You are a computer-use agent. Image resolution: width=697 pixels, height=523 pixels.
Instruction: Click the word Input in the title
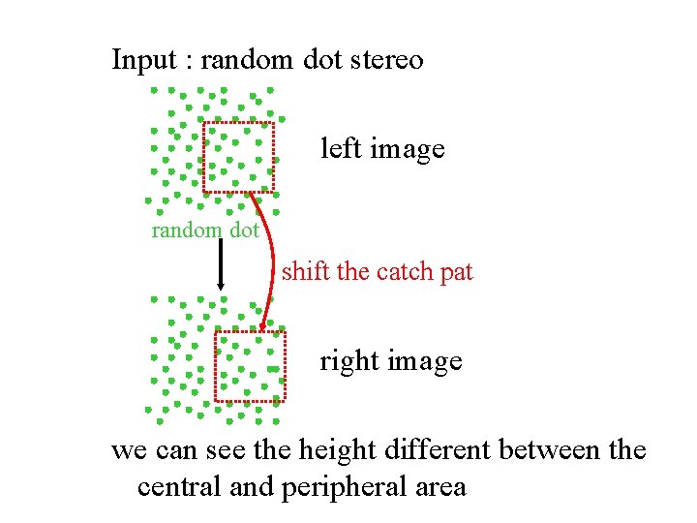tap(144, 60)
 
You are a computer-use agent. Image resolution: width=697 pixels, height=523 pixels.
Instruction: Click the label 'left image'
tap(382, 149)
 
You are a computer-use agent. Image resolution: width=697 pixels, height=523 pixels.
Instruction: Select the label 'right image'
tap(391, 361)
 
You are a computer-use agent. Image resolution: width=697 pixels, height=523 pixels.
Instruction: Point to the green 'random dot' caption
tap(205, 231)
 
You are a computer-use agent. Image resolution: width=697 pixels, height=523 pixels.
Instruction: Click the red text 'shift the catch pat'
tap(377, 271)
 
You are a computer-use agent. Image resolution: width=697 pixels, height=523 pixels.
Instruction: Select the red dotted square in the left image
tap(238, 157)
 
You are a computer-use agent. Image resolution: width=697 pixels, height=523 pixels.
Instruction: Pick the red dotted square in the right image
tap(250, 366)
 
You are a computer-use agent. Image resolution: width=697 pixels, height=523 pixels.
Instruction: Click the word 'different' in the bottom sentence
tap(433, 450)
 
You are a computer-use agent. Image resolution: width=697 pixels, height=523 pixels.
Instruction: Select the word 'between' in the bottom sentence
tap(550, 450)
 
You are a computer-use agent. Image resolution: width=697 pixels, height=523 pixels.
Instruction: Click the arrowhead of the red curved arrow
tap(263, 323)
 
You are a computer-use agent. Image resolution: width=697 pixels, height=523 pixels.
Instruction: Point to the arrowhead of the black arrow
tap(221, 285)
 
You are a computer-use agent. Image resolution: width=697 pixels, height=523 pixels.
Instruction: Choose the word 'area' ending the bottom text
tap(439, 486)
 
